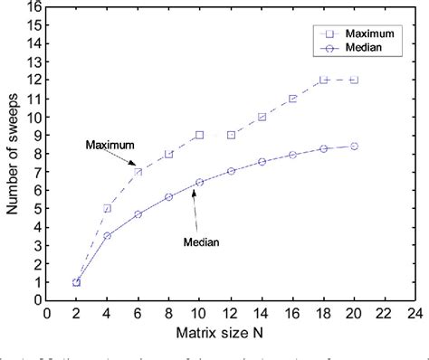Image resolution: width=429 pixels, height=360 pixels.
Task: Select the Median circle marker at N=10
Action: (200, 183)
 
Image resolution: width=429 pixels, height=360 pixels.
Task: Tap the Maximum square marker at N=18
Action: (324, 80)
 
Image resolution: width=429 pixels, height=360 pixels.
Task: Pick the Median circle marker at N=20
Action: (354, 146)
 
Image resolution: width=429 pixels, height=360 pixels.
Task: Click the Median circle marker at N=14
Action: (262, 162)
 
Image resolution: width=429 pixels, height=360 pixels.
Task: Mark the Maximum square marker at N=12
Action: (231, 135)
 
